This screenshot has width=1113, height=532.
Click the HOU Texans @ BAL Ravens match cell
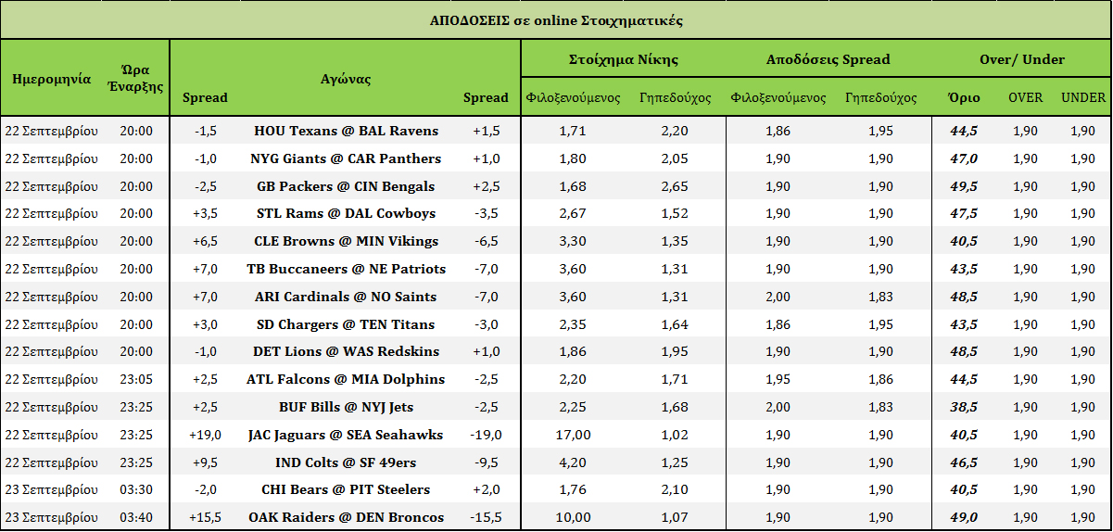(x=346, y=131)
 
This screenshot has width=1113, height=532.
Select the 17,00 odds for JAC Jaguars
(x=572, y=435)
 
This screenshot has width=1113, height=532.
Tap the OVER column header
(x=1025, y=97)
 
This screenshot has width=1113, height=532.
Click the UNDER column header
(x=1082, y=97)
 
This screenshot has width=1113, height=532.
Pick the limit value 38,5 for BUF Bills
(x=964, y=407)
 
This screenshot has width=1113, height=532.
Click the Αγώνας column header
(x=346, y=79)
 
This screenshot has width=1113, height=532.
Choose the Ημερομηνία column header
(x=51, y=79)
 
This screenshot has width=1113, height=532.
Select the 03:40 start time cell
(x=136, y=517)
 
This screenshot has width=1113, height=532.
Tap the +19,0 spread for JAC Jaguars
(x=205, y=435)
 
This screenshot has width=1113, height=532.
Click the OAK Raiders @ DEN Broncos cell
(x=346, y=517)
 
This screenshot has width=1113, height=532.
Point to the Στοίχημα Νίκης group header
(x=623, y=59)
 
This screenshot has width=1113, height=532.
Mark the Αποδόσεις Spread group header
(x=828, y=59)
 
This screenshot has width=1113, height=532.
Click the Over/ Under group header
(x=1021, y=59)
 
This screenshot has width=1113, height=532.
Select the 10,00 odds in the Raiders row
(x=572, y=517)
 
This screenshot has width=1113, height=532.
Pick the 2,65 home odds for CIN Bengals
(x=675, y=186)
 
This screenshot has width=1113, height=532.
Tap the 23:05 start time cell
(x=136, y=379)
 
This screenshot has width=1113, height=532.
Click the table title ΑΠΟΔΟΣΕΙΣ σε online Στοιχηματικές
(x=556, y=20)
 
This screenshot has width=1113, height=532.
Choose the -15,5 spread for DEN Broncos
(x=486, y=517)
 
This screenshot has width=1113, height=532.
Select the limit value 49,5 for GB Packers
(x=964, y=186)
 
